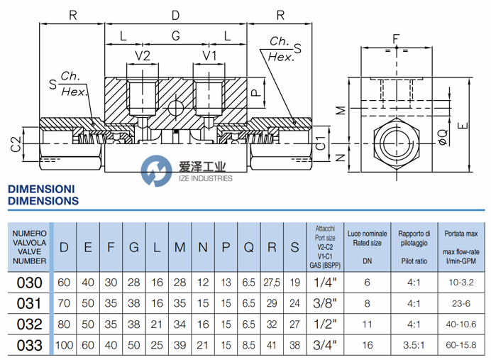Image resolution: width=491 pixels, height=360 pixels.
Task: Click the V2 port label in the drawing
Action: click(143, 55)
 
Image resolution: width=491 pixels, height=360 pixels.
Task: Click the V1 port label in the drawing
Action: click(209, 55)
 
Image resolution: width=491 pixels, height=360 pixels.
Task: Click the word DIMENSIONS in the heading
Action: click(43, 201)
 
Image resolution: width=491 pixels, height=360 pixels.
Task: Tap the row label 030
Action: click(29, 283)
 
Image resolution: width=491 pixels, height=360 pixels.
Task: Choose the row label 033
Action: click(29, 346)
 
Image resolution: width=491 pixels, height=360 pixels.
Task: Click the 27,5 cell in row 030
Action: click(272, 283)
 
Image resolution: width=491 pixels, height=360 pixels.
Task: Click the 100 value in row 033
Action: click(64, 346)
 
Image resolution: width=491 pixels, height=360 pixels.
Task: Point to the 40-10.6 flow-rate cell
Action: click(460, 324)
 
